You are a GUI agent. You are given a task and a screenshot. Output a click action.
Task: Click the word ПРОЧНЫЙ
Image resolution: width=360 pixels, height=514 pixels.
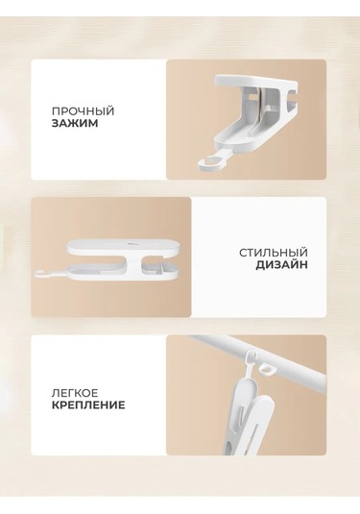click(83, 110)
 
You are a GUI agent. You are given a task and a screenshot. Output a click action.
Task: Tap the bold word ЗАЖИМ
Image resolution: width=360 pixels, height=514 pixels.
click(75, 124)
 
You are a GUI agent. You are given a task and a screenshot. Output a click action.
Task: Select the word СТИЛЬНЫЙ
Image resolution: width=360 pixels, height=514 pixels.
click(274, 253)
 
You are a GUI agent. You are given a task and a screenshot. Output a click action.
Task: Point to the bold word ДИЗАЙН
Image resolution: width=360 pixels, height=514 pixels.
click(281, 265)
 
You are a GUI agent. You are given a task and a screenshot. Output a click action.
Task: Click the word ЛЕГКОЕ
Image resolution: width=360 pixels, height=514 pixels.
click(75, 392)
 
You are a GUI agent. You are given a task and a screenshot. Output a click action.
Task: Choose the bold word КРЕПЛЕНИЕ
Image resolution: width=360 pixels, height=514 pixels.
click(88, 404)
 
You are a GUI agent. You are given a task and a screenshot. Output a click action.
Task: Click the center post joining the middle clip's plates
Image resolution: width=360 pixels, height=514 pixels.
click(133, 260)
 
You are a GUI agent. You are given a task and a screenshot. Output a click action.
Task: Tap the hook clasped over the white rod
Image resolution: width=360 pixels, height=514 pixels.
click(251, 359)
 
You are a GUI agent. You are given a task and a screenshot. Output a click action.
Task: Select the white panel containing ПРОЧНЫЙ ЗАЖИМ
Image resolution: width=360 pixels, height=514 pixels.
click(99, 120)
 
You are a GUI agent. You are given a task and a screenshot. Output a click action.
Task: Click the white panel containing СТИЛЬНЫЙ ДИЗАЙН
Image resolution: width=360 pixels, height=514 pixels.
click(259, 257)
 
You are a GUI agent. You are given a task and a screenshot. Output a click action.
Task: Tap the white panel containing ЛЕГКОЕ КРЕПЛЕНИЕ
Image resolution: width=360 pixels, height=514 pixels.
click(99, 395)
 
